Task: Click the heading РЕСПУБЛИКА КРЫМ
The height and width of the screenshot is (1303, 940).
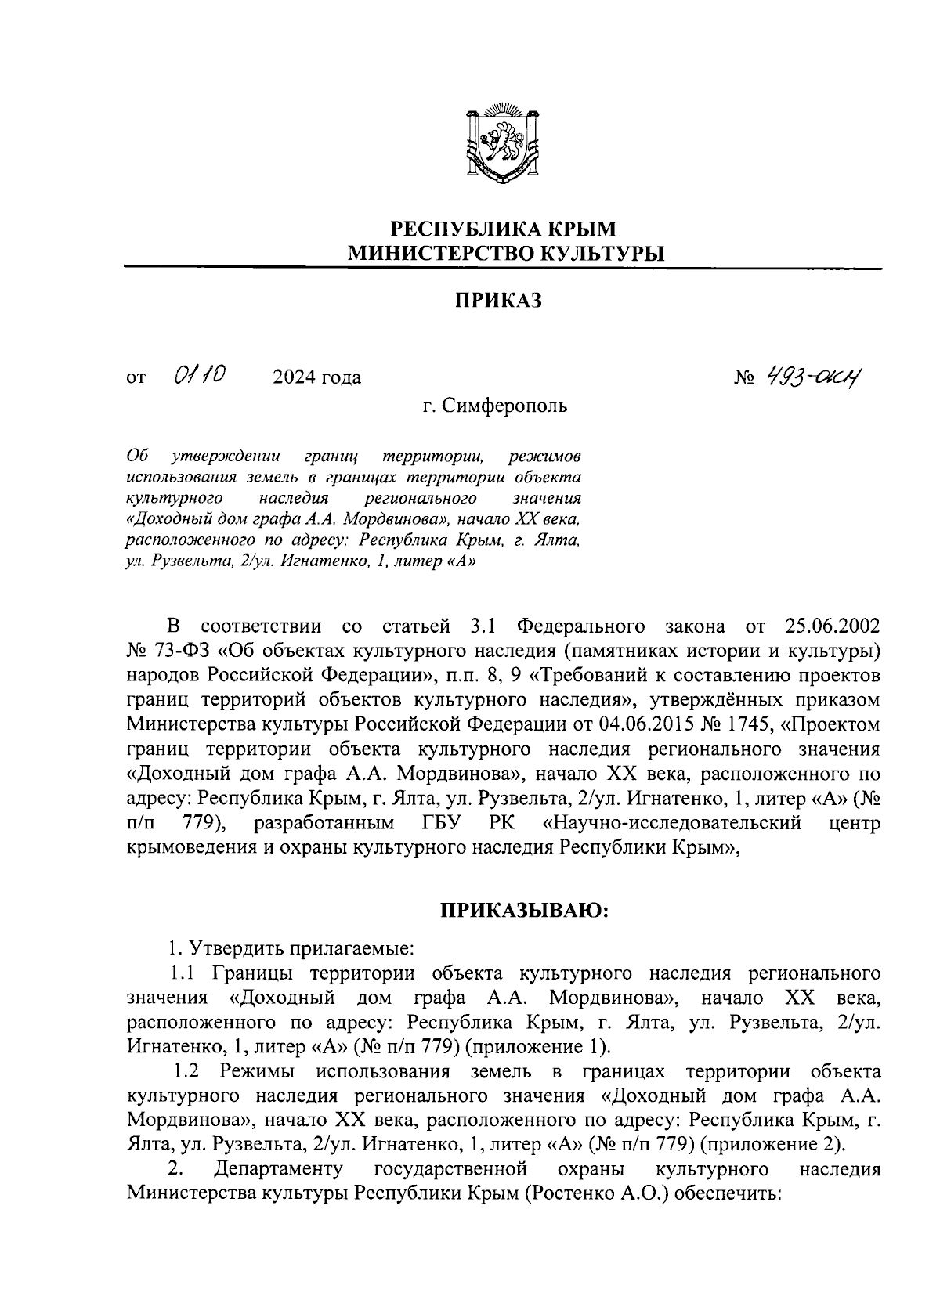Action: pos(504,229)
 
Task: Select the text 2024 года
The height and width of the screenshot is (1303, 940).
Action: pos(316,378)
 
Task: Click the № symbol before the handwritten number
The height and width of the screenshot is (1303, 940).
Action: pos(743,379)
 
